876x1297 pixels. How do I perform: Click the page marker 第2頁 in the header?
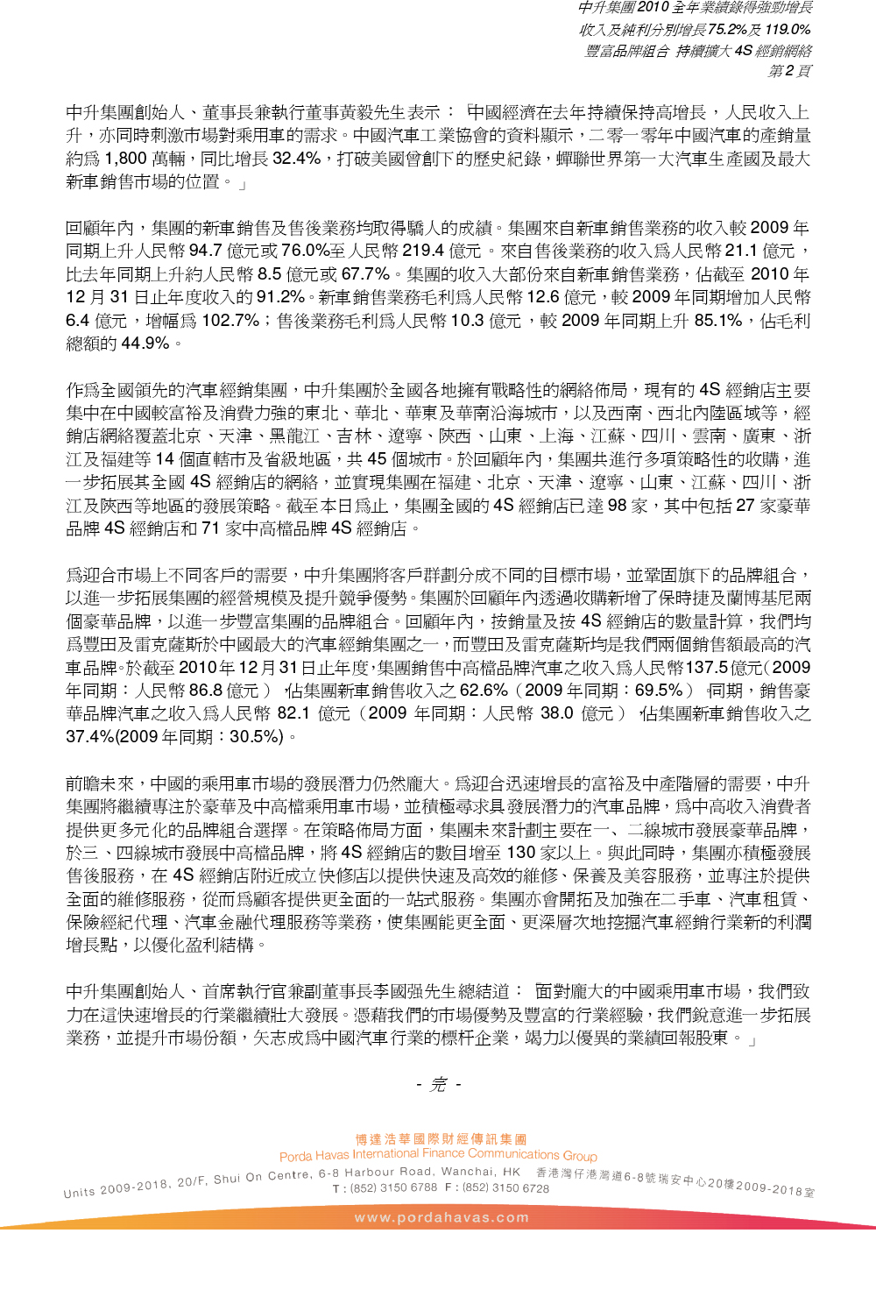tap(789, 71)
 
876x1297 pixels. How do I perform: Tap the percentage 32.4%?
tap(297, 159)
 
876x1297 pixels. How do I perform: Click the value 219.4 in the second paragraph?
tap(425, 251)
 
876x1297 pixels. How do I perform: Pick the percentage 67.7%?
tap(365, 273)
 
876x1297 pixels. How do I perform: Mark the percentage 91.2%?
tap(281, 297)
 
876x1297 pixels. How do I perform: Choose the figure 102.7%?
tap(230, 320)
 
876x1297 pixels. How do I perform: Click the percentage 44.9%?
tap(145, 343)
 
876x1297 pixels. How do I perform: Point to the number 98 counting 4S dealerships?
tap(617, 505)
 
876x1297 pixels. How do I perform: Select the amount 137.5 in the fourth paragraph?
tap(707, 667)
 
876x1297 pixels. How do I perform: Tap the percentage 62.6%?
tap(484, 690)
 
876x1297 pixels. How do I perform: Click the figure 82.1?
tap(293, 713)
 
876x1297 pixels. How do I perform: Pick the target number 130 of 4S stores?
tap(520, 852)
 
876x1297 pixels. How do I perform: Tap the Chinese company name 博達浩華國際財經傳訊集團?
tap(441, 1139)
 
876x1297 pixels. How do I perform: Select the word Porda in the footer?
tap(295, 1157)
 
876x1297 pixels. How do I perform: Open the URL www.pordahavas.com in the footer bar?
tap(442, 1217)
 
